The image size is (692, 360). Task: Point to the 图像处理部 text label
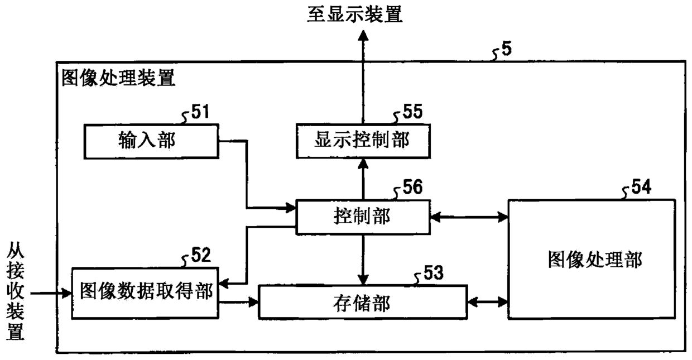pyautogui.click(x=595, y=260)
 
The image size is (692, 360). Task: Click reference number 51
pyautogui.click(x=200, y=112)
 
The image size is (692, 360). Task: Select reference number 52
pyautogui.click(x=201, y=255)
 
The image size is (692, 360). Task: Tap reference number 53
pyautogui.click(x=434, y=272)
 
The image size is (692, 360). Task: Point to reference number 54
pyautogui.click(x=641, y=186)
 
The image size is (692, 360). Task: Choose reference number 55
pyautogui.click(x=413, y=111)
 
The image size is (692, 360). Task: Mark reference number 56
pyautogui.click(x=413, y=187)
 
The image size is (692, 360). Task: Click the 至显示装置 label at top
pyautogui.click(x=355, y=14)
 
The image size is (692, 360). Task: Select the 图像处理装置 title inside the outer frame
pyautogui.click(x=118, y=78)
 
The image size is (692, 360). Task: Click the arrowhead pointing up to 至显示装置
pyautogui.click(x=363, y=35)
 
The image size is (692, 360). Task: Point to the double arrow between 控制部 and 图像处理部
pyautogui.click(x=469, y=217)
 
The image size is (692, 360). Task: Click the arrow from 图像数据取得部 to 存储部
pyautogui.click(x=238, y=302)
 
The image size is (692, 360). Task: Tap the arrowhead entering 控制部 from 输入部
pyautogui.click(x=291, y=208)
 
